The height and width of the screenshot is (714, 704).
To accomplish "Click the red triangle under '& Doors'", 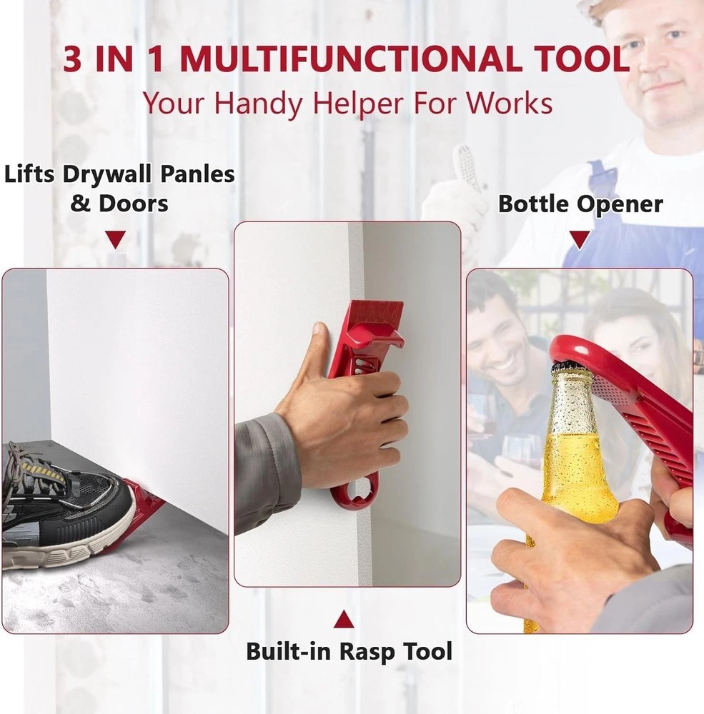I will click(116, 239).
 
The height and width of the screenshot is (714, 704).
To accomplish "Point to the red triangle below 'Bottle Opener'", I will click(580, 239).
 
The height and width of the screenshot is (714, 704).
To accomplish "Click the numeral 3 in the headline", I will click(74, 60).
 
